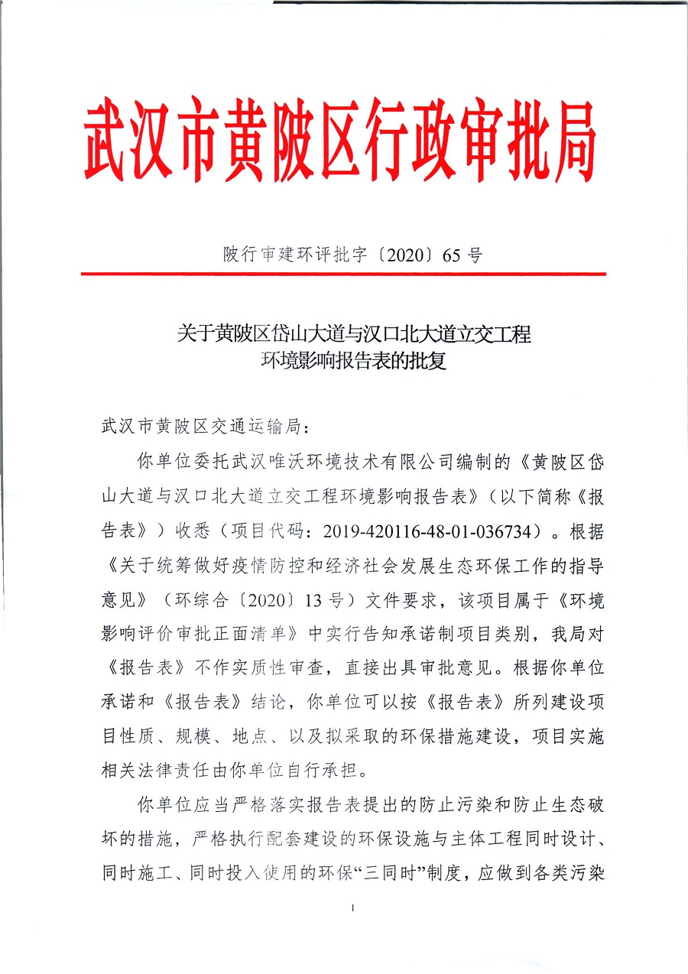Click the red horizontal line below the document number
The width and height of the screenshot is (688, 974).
[x=343, y=273]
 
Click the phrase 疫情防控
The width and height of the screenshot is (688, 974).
[x=294, y=567]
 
